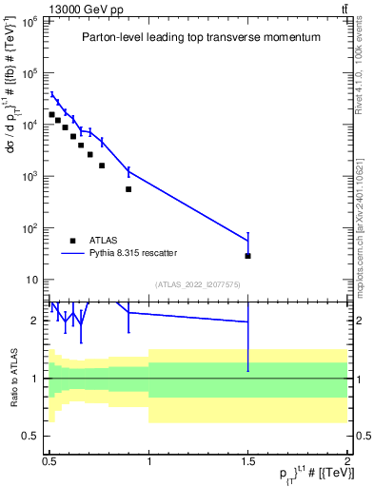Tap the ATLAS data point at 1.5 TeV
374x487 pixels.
point(247,256)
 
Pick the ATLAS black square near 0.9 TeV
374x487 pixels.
point(128,189)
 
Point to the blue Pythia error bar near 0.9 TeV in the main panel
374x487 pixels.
point(128,172)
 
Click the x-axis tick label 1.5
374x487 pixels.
point(247,458)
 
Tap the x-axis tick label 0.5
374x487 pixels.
point(49,458)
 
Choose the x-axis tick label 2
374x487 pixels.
point(347,458)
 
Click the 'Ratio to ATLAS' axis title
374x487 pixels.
point(13,378)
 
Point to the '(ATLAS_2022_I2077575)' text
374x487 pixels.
point(198,283)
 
